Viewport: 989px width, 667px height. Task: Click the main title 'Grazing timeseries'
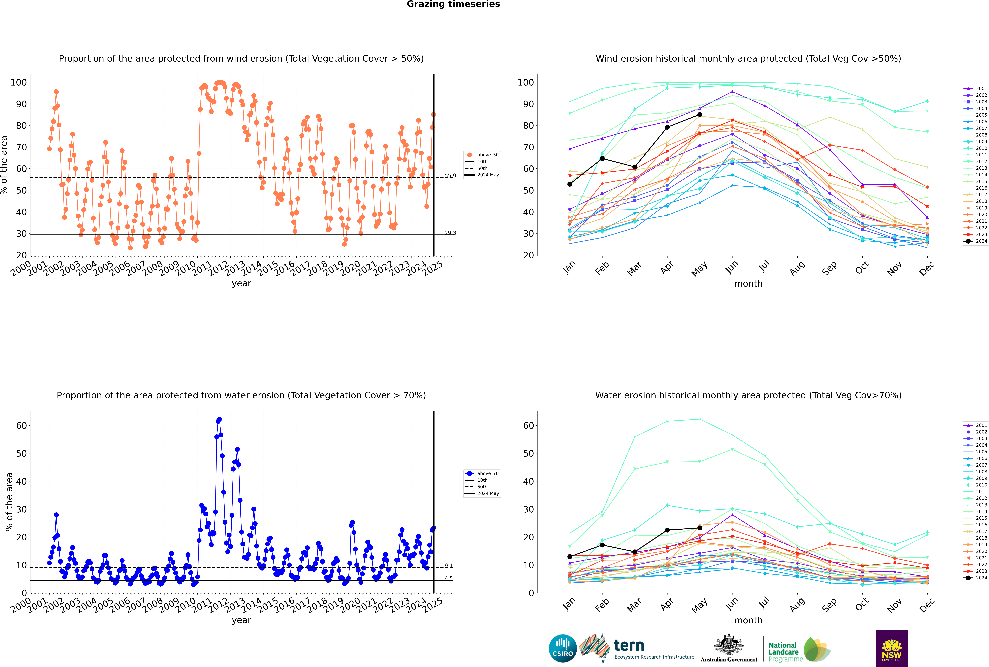click(x=453, y=4)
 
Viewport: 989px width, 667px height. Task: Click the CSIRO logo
click(x=563, y=648)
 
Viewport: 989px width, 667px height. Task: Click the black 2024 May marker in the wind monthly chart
click(x=699, y=114)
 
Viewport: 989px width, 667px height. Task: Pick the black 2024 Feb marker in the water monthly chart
click(x=602, y=545)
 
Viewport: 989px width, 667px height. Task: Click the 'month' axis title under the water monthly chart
click(x=748, y=620)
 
